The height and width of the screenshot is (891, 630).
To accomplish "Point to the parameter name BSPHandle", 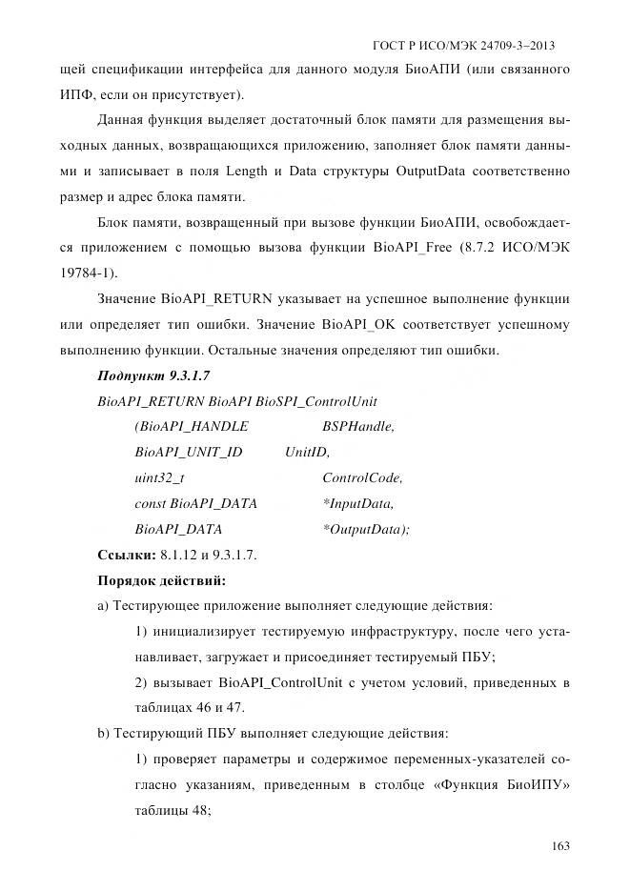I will pyautogui.click(x=358, y=427).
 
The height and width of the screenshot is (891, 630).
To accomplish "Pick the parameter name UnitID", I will pyautogui.click(x=306, y=452).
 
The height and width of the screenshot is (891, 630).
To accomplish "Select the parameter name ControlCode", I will pyautogui.click(x=362, y=477).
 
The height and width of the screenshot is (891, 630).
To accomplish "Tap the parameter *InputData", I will pyautogui.click(x=358, y=502).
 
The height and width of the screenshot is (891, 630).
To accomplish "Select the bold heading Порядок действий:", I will pyautogui.click(x=162, y=578).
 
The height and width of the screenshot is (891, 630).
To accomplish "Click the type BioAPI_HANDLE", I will pyautogui.click(x=194, y=427).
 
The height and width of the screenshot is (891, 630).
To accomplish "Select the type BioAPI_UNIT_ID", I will pyautogui.click(x=189, y=452).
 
